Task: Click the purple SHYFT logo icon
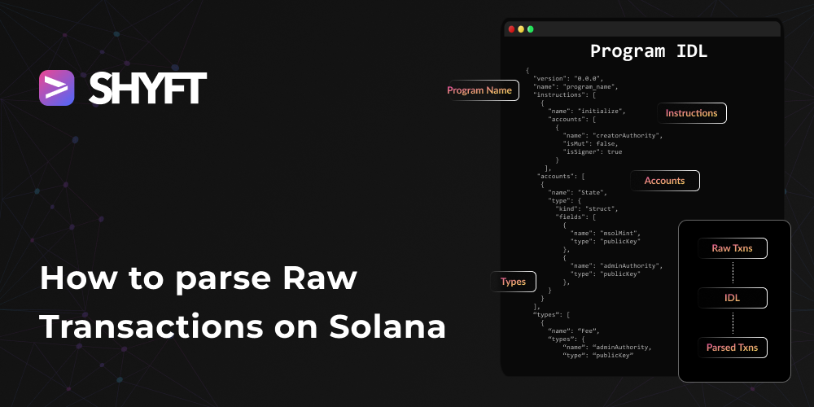(x=56, y=88)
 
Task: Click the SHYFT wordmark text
(x=148, y=88)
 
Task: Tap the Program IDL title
(x=649, y=51)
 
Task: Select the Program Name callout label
(x=479, y=90)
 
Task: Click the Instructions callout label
(x=691, y=113)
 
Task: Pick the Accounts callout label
(x=664, y=181)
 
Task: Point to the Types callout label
(x=513, y=282)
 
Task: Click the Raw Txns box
(x=733, y=248)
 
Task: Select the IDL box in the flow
(x=733, y=298)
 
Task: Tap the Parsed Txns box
(x=733, y=348)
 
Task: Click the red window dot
(x=511, y=29)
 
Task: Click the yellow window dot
(x=521, y=29)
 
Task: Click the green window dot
(x=531, y=29)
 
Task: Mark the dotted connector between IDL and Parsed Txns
(x=733, y=322)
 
